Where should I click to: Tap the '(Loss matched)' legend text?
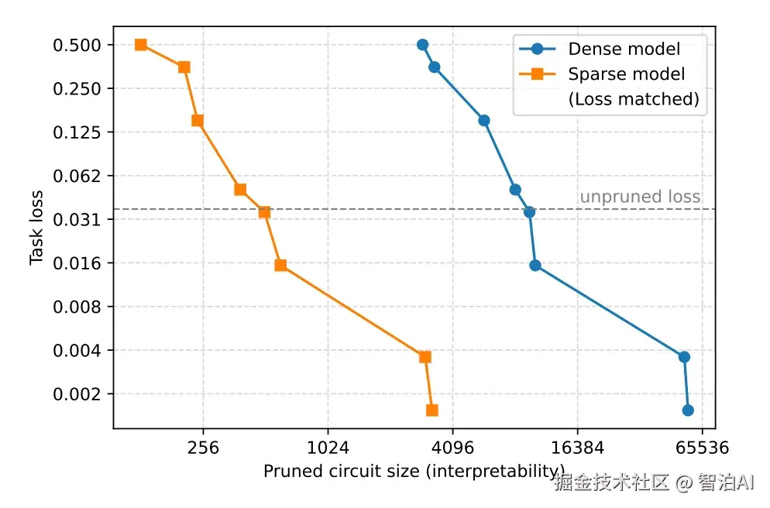[x=633, y=99]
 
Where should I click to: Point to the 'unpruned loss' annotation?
[x=640, y=197]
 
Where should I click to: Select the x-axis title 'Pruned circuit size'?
[x=414, y=472]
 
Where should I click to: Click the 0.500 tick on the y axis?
[x=77, y=45]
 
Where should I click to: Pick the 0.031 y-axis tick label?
[x=77, y=220]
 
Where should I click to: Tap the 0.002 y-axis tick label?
[x=77, y=394]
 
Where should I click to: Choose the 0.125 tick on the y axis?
[x=77, y=132]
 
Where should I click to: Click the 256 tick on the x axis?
[x=203, y=448]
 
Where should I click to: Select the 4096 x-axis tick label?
[x=452, y=448]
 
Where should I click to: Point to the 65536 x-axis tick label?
[x=702, y=448]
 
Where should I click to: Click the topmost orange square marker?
[x=141, y=45]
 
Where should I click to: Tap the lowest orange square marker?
[x=432, y=410]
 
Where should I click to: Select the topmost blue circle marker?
[x=422, y=45]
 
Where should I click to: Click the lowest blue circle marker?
[x=688, y=410]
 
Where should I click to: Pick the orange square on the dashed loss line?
[x=264, y=212]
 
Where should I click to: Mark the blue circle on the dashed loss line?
[x=530, y=212]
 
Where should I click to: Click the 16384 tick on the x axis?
[x=577, y=448]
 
